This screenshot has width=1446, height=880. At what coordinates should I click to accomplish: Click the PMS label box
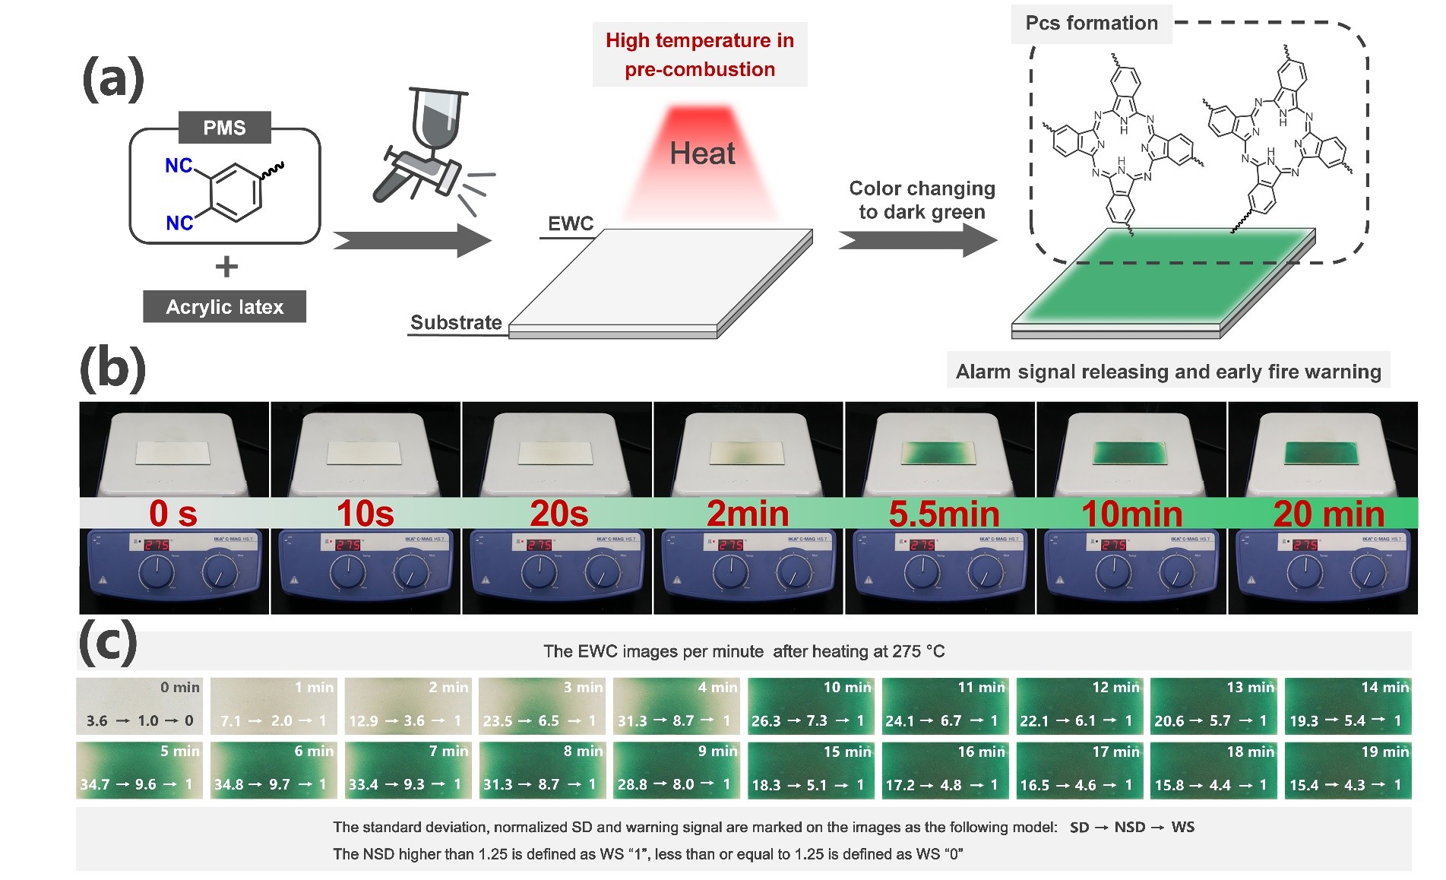[x=224, y=128]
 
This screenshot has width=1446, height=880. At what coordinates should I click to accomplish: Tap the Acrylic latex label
[x=224, y=307]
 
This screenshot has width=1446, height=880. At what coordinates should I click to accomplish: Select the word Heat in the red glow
[x=702, y=154]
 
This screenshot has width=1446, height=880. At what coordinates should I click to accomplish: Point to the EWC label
[x=571, y=223]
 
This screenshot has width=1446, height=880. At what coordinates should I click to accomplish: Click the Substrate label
[x=456, y=322]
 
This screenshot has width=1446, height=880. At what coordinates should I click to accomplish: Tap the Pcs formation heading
[x=1091, y=24]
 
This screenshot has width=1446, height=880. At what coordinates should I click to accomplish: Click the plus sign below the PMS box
[x=226, y=267]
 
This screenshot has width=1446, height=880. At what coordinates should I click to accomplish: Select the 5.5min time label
[x=944, y=514]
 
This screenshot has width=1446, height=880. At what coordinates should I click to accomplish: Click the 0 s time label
[x=173, y=514]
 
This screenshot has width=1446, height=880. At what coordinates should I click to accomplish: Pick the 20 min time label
[x=1328, y=514]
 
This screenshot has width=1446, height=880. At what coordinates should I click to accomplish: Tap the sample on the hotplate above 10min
[x=1130, y=453]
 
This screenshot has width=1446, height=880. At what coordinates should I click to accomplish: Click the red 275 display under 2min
[x=730, y=545]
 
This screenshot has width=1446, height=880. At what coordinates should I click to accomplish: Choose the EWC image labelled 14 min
[x=1348, y=705]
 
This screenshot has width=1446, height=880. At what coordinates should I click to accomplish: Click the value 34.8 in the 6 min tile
[x=229, y=784]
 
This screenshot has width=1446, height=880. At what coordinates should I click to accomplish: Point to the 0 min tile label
[x=179, y=688]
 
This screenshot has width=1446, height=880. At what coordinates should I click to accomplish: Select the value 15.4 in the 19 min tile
[x=1304, y=785]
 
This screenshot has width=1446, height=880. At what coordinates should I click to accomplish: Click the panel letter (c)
[x=108, y=642]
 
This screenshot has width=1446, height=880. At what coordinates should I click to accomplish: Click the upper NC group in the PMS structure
[x=179, y=166]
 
